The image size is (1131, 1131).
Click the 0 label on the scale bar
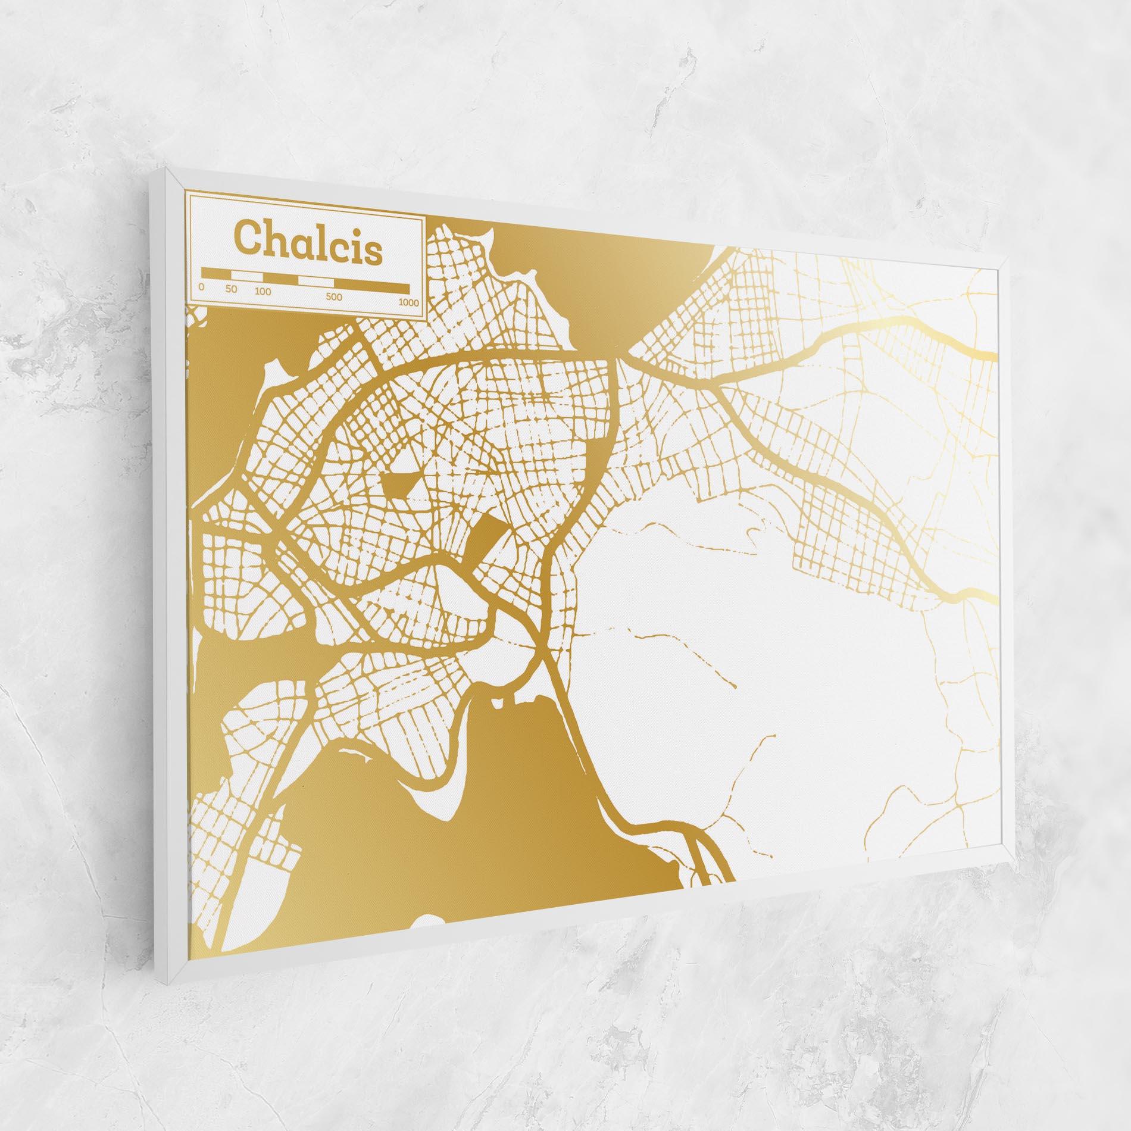pyautogui.click(x=202, y=287)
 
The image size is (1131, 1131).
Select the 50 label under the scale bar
pyautogui.click(x=232, y=289)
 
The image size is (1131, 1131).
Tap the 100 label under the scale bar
pyautogui.click(x=263, y=292)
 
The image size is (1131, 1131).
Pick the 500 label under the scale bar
pyautogui.click(x=334, y=297)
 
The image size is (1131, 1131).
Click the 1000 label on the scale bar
pyautogui.click(x=409, y=302)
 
